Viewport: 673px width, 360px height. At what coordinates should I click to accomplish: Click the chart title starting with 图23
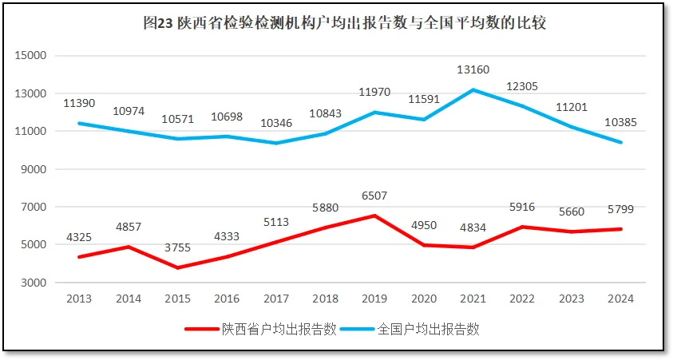tap(344, 23)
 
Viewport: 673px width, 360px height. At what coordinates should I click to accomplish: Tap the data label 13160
tap(473, 69)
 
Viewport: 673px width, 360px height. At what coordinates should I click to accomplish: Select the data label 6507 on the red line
tap(374, 196)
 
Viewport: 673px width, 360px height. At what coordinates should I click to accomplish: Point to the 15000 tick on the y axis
tap(32, 56)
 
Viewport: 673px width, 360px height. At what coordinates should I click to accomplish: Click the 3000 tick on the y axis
tap(34, 283)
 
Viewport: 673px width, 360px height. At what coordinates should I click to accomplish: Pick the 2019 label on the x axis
tap(374, 299)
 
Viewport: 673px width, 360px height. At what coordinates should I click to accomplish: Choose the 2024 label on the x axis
tap(620, 299)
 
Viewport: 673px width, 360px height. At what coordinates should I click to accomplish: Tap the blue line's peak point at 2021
tap(473, 90)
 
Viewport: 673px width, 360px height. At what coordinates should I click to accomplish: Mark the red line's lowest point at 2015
tap(177, 267)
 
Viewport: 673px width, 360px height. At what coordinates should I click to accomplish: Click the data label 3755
tap(177, 247)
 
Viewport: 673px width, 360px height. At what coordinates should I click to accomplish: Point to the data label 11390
tap(79, 104)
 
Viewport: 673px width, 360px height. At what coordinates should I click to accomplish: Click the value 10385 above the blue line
tap(620, 122)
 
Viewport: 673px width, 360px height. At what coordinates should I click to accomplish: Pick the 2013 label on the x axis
tap(79, 299)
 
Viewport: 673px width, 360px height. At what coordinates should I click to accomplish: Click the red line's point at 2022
tap(522, 227)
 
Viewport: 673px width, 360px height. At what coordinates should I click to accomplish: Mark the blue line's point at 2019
tap(374, 113)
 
